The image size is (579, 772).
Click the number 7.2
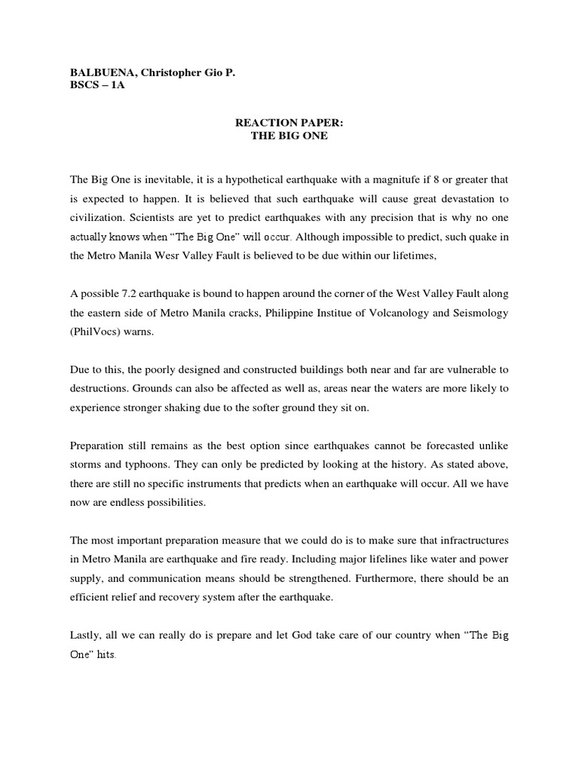point(131,294)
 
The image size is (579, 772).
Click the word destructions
point(102,389)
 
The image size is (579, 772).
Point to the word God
point(291,636)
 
